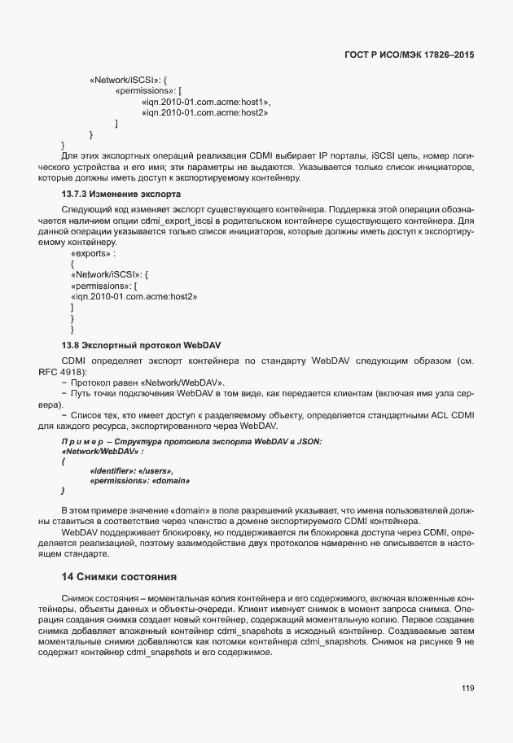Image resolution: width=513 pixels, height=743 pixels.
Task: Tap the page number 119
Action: click(x=467, y=688)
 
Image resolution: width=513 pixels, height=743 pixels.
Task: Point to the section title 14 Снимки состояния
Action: click(x=119, y=577)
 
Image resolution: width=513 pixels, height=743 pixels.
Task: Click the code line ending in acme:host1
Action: click(x=205, y=102)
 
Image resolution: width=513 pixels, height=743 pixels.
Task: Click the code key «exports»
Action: click(x=92, y=253)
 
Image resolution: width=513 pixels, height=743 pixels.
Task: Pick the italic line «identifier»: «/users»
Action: click(x=131, y=471)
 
